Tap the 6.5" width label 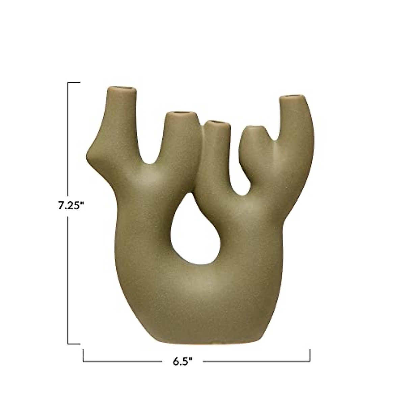click(x=183, y=362)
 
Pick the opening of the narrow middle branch click(x=218, y=123)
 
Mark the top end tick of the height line click(x=74, y=82)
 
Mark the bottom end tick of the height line click(x=74, y=344)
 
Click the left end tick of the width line click(x=83, y=356)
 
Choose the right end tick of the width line click(x=310, y=356)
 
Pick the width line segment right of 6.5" click(x=256, y=361)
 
